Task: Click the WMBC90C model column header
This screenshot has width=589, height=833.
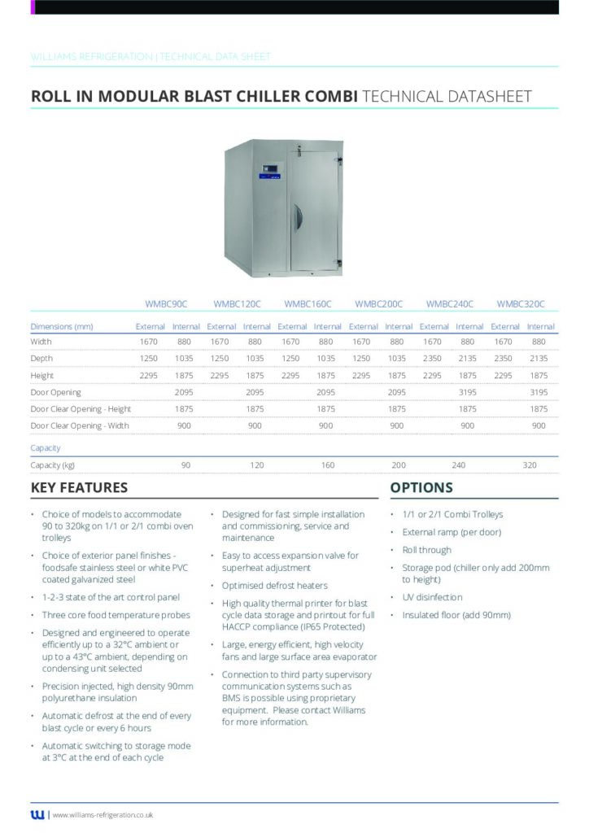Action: click(x=166, y=304)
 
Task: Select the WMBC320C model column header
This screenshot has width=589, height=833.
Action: click(x=521, y=304)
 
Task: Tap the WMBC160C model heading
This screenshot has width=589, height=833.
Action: click(x=308, y=304)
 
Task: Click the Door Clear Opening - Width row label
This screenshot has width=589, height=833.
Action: click(x=80, y=425)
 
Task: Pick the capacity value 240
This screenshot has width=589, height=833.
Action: click(x=459, y=464)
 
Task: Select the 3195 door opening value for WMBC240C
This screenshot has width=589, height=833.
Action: click(x=468, y=392)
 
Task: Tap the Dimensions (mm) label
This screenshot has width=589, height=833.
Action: click(x=62, y=326)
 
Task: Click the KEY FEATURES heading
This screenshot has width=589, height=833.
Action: click(x=79, y=488)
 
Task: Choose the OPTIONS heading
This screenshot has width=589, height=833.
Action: click(x=421, y=488)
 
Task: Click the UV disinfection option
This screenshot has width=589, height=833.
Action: click(x=432, y=597)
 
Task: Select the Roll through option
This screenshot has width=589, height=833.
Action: click(x=426, y=550)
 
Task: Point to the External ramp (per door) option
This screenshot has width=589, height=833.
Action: click(x=451, y=532)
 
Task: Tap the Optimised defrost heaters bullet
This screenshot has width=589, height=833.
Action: click(x=275, y=586)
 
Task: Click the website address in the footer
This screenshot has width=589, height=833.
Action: click(x=103, y=814)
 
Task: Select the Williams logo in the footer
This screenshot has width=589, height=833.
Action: click(x=37, y=814)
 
